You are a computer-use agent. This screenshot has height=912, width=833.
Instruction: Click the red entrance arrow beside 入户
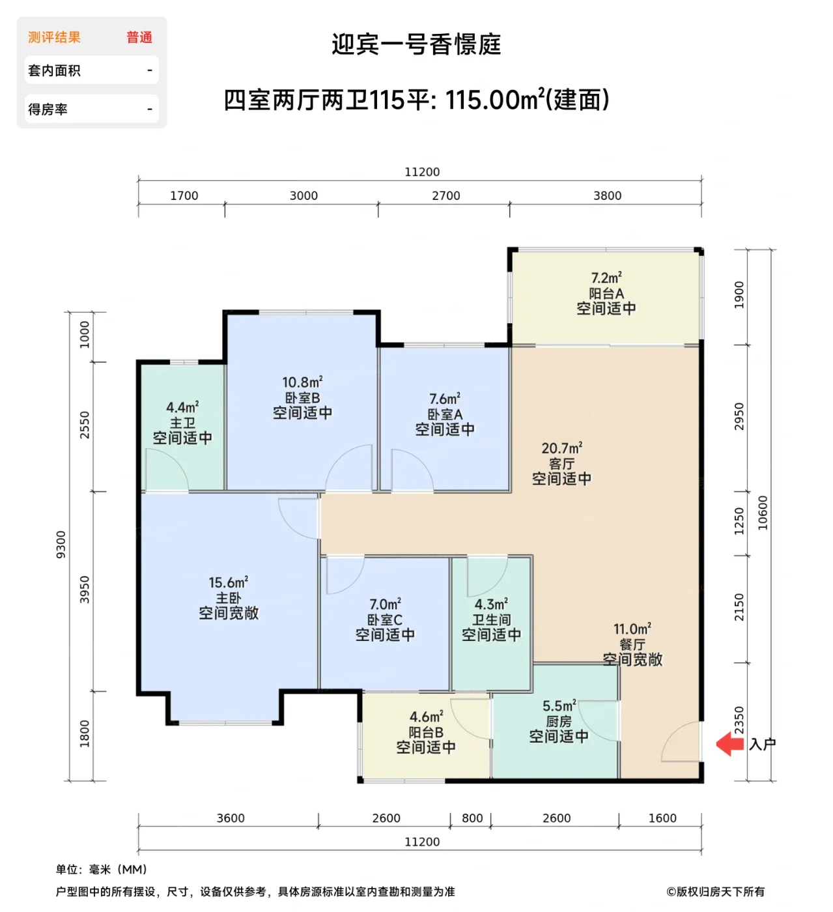pyautogui.click(x=729, y=744)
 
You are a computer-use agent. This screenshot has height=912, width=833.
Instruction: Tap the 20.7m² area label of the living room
pyautogui.click(x=561, y=448)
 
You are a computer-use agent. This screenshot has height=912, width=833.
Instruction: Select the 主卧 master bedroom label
pyautogui.click(x=229, y=597)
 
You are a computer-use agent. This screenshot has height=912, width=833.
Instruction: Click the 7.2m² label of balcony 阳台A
pyautogui.click(x=606, y=278)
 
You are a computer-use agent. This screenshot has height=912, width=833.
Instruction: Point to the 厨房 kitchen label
pyautogui.click(x=559, y=721)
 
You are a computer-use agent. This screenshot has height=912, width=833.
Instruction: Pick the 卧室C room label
pyautogui.click(x=385, y=620)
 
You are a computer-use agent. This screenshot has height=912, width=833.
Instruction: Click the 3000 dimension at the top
pyautogui.click(x=304, y=195)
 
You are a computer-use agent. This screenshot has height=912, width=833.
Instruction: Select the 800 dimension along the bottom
pyautogui.click(x=472, y=818)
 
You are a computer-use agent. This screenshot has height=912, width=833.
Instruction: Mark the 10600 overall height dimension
pyautogui.click(x=763, y=513)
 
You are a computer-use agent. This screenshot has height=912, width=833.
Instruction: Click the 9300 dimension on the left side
pyautogui.click(x=61, y=545)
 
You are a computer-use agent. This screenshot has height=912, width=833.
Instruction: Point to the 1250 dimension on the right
pyautogui.click(x=739, y=521)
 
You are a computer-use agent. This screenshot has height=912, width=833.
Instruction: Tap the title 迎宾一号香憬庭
pyautogui.click(x=416, y=44)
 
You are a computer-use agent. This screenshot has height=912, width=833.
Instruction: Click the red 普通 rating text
pyautogui.click(x=139, y=37)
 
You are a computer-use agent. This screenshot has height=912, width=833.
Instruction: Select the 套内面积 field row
pyautogui.click(x=91, y=70)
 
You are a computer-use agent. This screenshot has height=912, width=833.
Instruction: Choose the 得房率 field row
pyautogui.click(x=91, y=109)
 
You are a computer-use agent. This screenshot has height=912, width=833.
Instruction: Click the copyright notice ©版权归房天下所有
pyautogui.click(x=715, y=891)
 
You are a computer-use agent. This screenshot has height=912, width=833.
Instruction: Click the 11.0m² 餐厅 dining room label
pyautogui.click(x=632, y=629)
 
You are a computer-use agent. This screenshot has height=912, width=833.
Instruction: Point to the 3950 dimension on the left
pyautogui.click(x=85, y=590)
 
